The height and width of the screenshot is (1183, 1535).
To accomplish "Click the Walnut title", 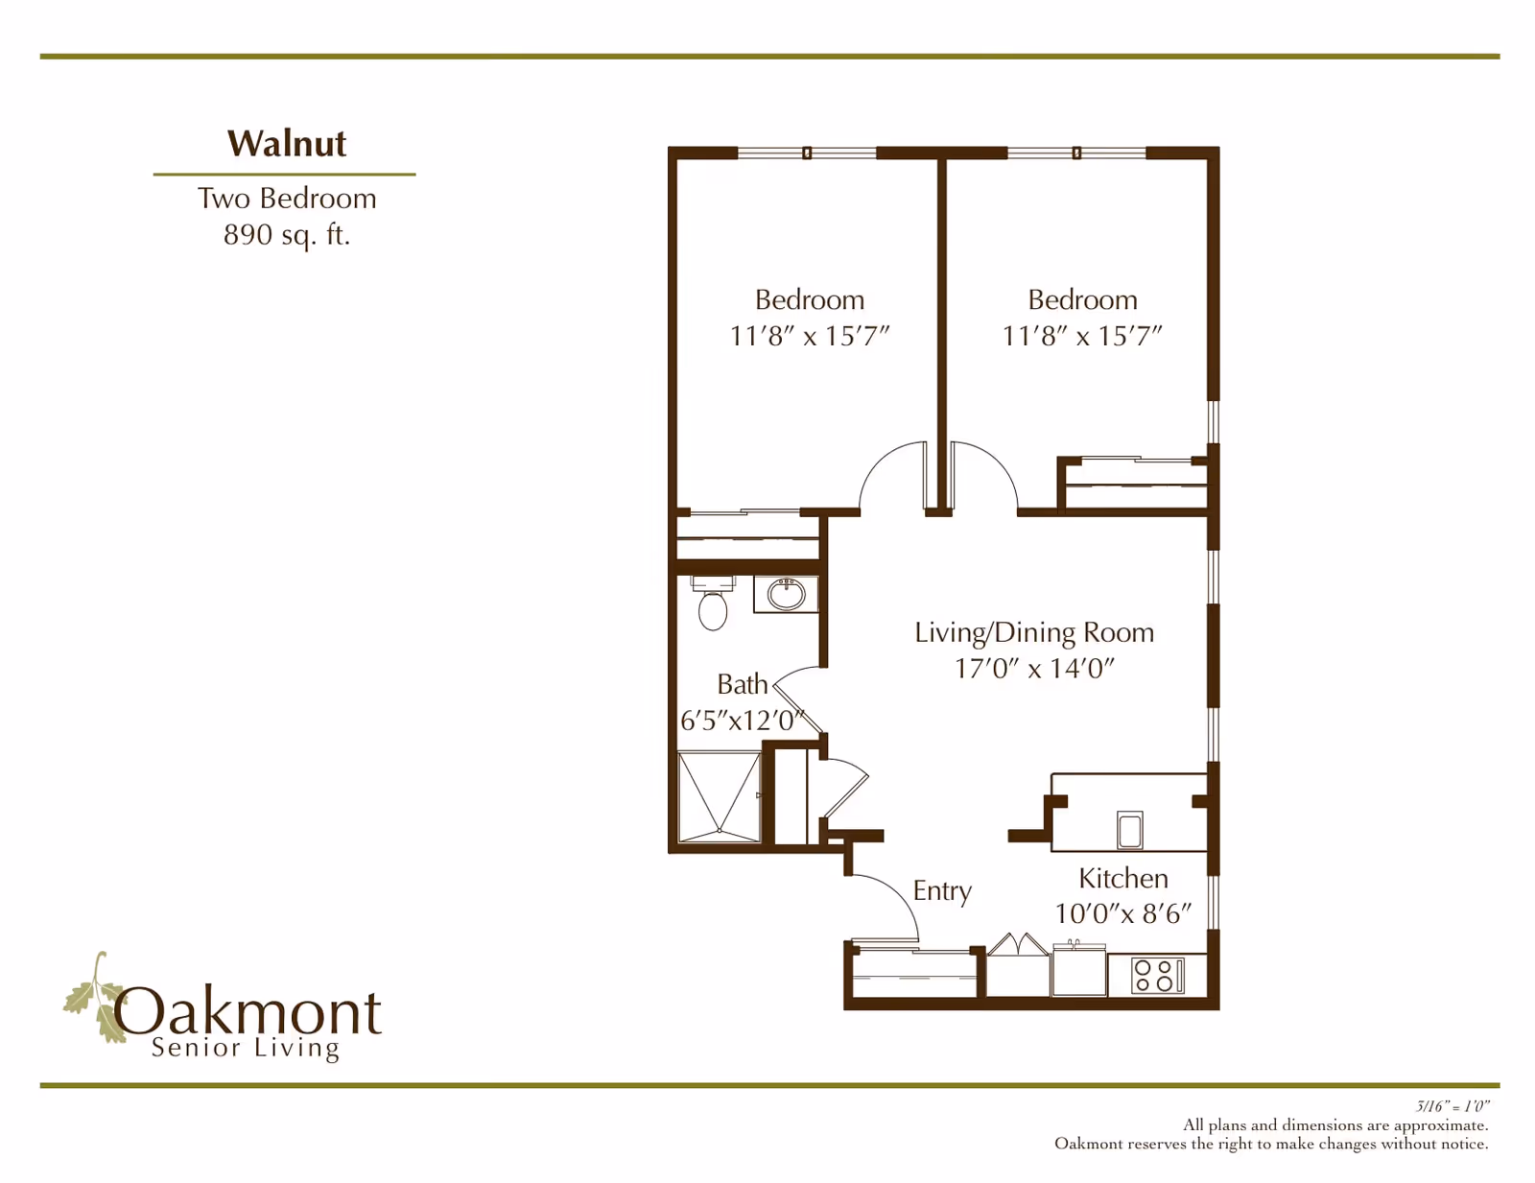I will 286,144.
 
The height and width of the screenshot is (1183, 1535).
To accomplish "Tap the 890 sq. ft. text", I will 286,235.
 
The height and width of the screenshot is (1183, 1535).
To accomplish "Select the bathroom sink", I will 786,595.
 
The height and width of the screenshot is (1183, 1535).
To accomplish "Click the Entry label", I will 942,890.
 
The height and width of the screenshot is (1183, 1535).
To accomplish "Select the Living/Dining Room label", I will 1033,632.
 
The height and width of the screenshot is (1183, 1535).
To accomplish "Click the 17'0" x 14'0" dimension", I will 1033,669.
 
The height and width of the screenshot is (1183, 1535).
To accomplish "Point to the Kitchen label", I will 1122,878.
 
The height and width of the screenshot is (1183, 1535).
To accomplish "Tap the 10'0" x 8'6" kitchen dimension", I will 1122,914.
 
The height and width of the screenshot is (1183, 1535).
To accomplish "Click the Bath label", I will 742,684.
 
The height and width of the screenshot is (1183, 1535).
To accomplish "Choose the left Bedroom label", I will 809,299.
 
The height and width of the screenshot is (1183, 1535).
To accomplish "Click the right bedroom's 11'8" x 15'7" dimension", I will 1082,337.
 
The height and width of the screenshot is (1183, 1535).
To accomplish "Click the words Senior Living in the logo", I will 245,1048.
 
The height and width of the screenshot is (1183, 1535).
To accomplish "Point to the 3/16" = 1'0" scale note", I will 1452,1106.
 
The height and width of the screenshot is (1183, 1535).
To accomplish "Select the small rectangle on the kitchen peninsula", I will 1130,830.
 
